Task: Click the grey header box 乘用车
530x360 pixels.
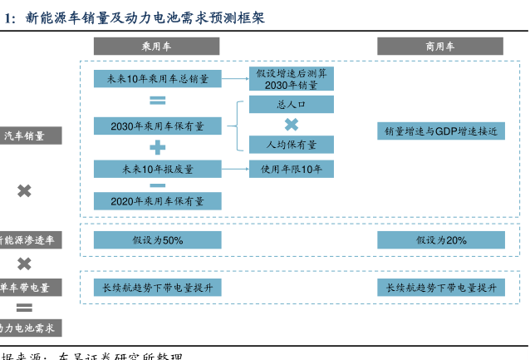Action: click(x=157, y=47)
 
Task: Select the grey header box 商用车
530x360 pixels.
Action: click(x=440, y=47)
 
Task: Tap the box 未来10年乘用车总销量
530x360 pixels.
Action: click(x=157, y=79)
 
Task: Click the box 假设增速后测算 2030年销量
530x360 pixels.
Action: click(x=292, y=79)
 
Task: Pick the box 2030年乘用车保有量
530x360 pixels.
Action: click(x=157, y=125)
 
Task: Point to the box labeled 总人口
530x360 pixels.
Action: click(x=292, y=105)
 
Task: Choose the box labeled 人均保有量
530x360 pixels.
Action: click(x=292, y=144)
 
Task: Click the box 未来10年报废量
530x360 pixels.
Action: click(x=157, y=169)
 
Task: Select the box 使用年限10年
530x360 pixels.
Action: click(x=292, y=169)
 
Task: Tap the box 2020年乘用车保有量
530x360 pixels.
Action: click(x=157, y=200)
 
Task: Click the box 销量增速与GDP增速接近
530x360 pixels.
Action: click(x=440, y=131)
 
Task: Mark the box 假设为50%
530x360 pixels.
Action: click(x=157, y=239)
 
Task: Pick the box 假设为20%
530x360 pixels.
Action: click(x=440, y=239)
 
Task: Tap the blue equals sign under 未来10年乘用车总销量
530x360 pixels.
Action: click(x=157, y=101)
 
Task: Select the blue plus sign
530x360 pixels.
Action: click(x=157, y=147)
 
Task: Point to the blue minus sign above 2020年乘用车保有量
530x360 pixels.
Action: click(x=157, y=185)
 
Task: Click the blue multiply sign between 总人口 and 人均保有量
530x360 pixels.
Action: click(x=292, y=125)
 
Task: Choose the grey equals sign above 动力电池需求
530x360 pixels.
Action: click(x=25, y=307)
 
